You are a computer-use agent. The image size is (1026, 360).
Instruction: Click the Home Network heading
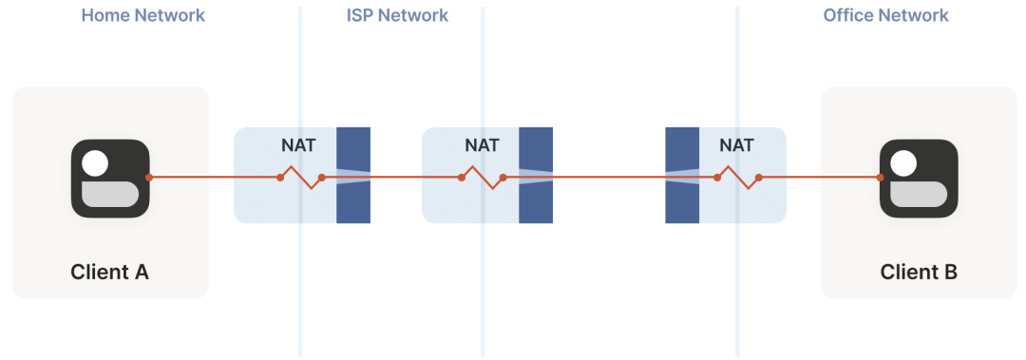click(x=142, y=15)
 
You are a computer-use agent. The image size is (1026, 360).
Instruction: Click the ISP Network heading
click(x=397, y=15)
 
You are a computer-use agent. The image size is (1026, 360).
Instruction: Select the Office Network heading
click(x=885, y=15)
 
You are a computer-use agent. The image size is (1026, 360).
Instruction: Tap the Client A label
click(x=110, y=272)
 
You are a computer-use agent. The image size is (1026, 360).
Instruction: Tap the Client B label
click(x=919, y=272)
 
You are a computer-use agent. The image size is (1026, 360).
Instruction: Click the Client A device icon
click(x=110, y=178)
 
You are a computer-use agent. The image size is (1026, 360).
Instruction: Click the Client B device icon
click(x=919, y=178)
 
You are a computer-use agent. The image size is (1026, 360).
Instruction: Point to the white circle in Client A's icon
click(x=96, y=163)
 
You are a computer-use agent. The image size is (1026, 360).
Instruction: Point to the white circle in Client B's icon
click(x=904, y=163)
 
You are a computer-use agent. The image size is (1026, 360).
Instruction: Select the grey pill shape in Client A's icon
click(x=110, y=195)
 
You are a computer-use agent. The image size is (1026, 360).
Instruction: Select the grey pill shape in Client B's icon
click(x=919, y=195)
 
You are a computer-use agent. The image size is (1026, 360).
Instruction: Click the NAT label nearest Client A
click(x=298, y=144)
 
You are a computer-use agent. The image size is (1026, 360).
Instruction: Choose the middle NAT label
click(x=482, y=144)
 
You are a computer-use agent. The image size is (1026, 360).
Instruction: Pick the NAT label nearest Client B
click(x=737, y=144)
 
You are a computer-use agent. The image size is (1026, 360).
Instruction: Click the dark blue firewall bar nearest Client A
click(x=353, y=176)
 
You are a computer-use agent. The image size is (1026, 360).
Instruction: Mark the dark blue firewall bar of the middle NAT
click(x=536, y=176)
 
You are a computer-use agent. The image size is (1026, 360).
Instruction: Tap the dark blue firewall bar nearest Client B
click(x=682, y=176)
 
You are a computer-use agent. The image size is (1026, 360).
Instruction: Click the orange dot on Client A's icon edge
click(x=149, y=178)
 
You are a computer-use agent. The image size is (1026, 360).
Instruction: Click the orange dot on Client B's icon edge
click(x=880, y=178)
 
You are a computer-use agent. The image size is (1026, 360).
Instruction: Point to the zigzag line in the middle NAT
click(x=483, y=178)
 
